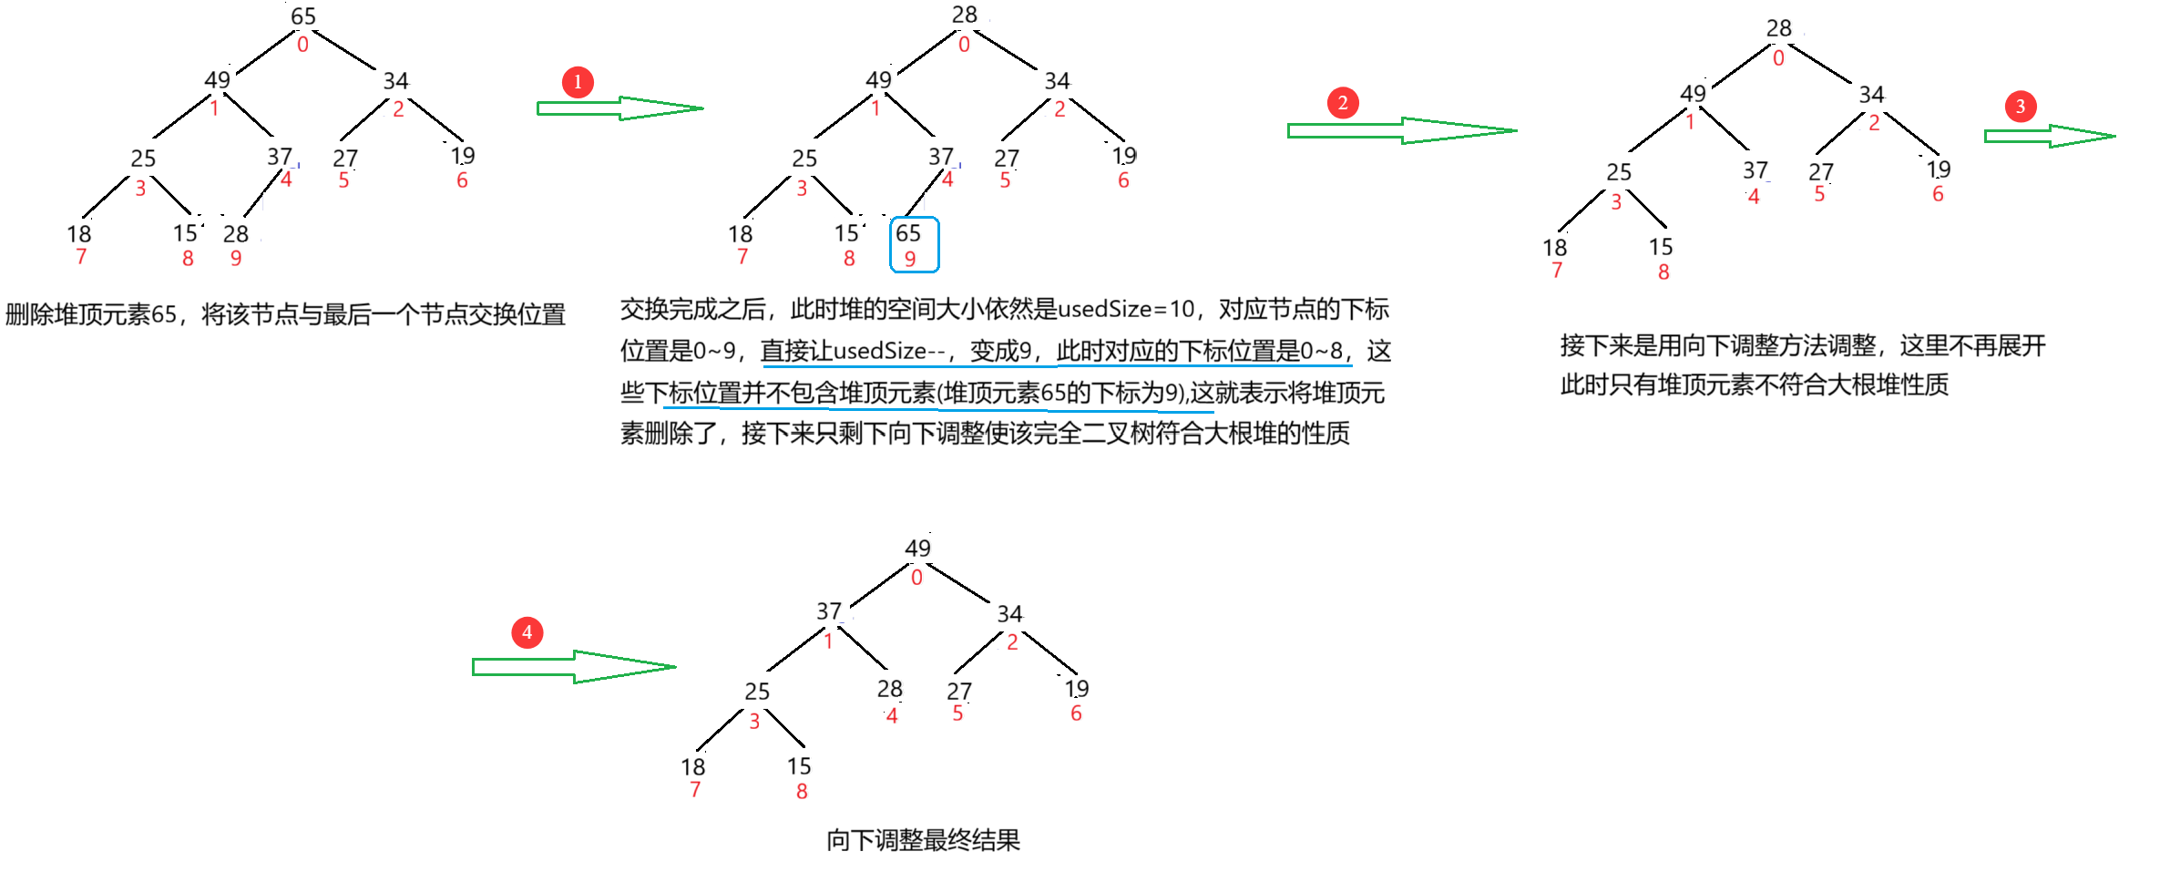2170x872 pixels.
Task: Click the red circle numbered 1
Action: point(578,82)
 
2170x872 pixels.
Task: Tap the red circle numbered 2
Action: point(1343,103)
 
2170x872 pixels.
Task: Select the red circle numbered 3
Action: point(2021,107)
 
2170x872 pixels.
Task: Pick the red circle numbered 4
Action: point(527,632)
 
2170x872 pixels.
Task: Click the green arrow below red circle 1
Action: point(619,108)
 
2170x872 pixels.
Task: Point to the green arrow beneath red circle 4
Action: point(574,667)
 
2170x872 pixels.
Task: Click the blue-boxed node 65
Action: point(914,244)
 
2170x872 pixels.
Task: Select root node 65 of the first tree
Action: point(303,16)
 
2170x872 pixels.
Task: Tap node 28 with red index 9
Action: point(236,234)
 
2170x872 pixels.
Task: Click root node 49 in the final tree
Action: point(917,548)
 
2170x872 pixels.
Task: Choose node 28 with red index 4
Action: point(890,689)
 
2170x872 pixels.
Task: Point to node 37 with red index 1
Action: point(829,610)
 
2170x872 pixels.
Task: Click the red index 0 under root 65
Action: point(302,44)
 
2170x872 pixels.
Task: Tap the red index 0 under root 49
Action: point(916,577)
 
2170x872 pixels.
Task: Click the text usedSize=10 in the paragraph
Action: point(1126,310)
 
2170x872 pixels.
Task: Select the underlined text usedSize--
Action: point(890,351)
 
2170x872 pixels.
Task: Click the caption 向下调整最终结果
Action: point(923,840)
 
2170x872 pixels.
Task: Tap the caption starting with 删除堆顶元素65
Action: point(285,314)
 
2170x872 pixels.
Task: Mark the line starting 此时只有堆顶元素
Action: point(1755,385)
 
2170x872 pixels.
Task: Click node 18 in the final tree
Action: point(693,767)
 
